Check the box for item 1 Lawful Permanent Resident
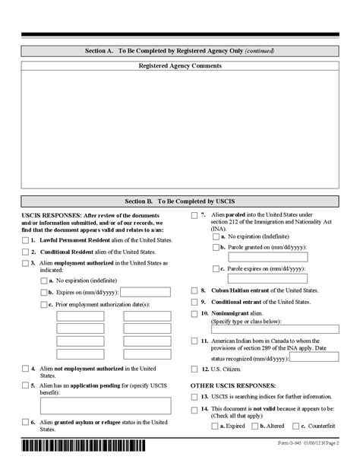click(x=26, y=239)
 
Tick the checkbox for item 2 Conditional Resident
click(x=26, y=251)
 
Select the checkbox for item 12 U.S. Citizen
click(x=194, y=369)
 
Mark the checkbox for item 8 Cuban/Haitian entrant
click(x=194, y=290)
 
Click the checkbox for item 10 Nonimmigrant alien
click(x=194, y=313)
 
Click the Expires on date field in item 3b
click(x=146, y=292)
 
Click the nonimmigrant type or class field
click(x=275, y=328)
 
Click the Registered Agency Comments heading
click(x=180, y=66)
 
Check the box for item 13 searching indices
click(x=194, y=396)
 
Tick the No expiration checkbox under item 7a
click(x=213, y=236)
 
